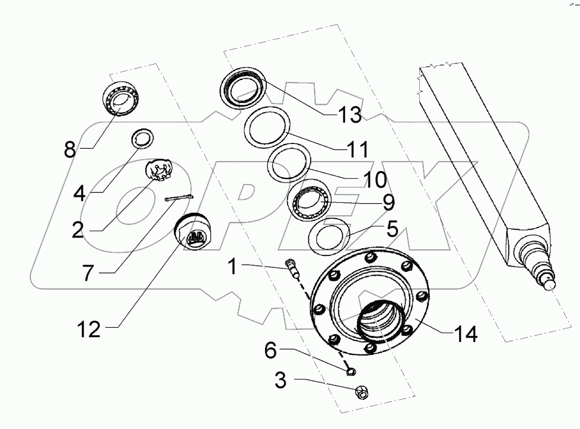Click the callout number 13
point(350,115)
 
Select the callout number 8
point(70,149)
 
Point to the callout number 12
point(89,329)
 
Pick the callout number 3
point(280,380)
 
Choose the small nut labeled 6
point(350,372)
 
